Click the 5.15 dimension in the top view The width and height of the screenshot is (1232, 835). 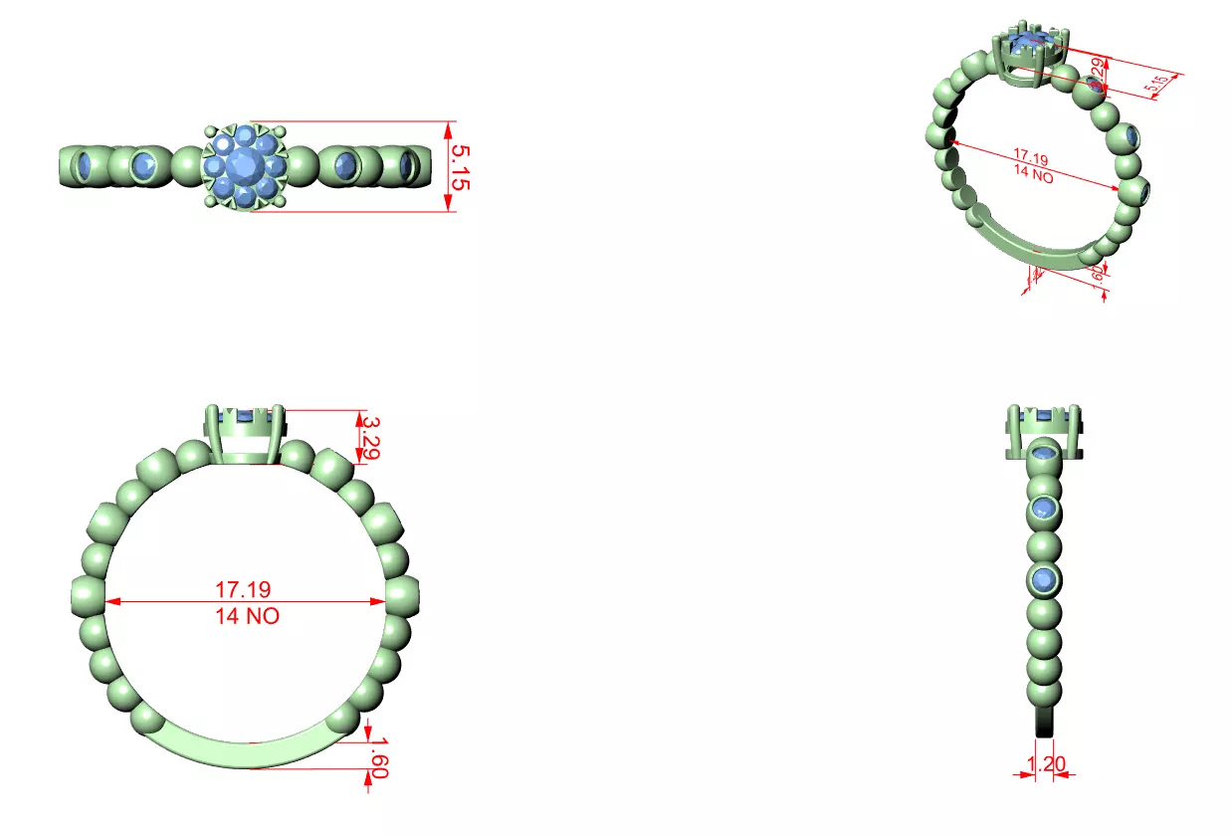(x=460, y=166)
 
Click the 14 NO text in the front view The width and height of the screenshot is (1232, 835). (x=247, y=616)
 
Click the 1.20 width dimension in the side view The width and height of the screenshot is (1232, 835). (x=1045, y=764)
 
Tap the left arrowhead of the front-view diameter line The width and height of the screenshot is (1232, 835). (x=111, y=602)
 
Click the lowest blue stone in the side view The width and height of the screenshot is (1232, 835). (x=1043, y=579)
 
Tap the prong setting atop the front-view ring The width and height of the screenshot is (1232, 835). (x=246, y=435)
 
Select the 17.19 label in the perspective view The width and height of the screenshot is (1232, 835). (x=1032, y=156)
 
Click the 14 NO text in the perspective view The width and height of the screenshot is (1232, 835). (x=1033, y=173)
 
